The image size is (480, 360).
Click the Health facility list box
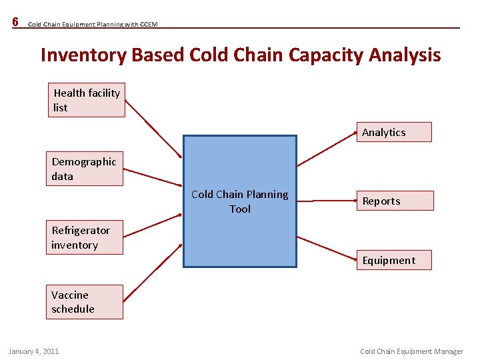point(86,100)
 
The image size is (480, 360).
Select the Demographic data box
point(85,169)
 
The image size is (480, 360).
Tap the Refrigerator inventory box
point(86,237)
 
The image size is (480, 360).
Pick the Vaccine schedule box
point(85,302)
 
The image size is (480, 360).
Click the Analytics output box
point(393,132)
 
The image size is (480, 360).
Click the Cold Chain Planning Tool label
point(240,201)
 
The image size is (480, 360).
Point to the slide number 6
point(15,22)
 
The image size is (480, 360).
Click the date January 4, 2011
point(33,351)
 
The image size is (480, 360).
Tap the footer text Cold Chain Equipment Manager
point(411,351)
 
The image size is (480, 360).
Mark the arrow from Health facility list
point(153,129)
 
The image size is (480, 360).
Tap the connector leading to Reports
point(327,198)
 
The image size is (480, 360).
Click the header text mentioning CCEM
point(93,25)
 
